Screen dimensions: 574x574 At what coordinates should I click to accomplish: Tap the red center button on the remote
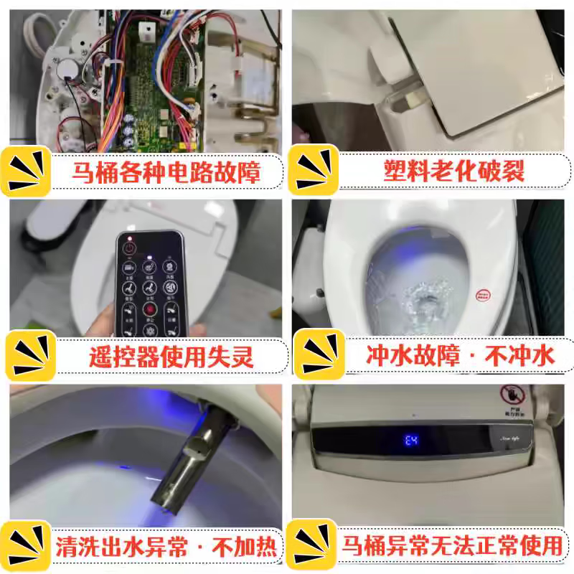coord(149,310)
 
